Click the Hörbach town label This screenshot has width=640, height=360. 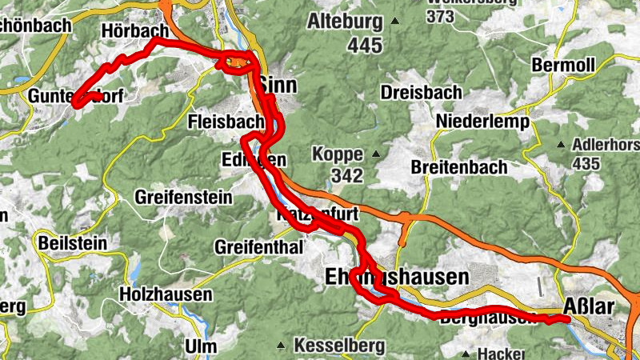point(134,30)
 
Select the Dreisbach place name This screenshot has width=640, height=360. point(422,92)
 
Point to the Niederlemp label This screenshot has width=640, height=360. point(483,122)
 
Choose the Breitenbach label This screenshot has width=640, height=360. point(458,167)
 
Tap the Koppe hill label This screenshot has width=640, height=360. point(338,154)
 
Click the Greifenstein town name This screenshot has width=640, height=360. point(184,196)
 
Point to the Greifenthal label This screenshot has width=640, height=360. point(258,247)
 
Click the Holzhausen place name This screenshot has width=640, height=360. point(166,294)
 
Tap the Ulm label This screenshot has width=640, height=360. point(200,346)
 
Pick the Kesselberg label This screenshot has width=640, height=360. point(339,346)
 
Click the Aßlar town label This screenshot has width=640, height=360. point(591,308)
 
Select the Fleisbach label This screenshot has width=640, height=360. point(226,122)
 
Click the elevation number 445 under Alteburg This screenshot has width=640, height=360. point(364,46)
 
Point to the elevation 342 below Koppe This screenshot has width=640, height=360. point(348,175)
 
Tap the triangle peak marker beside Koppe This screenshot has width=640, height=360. point(374,154)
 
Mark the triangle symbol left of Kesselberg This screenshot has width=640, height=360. point(281,346)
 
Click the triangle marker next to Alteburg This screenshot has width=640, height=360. point(394,22)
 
